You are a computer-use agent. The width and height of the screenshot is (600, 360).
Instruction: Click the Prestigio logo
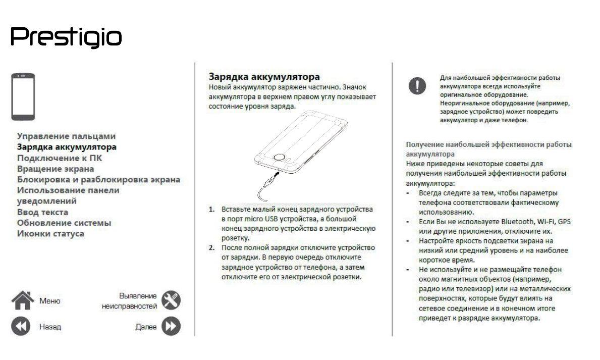[66, 37]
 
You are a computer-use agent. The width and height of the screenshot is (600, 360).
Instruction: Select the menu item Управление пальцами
[66, 136]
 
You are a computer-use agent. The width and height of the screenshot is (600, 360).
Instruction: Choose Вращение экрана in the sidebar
[56, 169]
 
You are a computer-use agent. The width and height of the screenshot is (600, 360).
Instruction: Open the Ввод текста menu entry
[43, 213]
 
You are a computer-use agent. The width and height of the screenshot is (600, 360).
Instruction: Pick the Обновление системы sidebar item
[64, 223]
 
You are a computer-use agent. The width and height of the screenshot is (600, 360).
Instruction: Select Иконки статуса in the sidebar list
[50, 234]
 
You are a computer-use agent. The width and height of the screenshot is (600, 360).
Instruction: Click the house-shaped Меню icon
[22, 300]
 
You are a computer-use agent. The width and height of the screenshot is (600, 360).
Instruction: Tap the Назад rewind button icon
[22, 326]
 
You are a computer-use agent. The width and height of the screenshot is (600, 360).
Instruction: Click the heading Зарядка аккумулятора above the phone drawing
[264, 77]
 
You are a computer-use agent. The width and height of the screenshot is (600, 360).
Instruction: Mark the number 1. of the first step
[212, 210]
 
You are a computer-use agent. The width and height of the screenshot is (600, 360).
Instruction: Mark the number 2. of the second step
[212, 248]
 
